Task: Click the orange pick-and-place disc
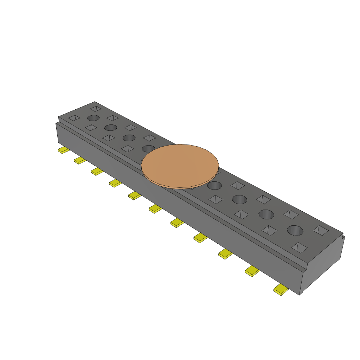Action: tap(180, 166)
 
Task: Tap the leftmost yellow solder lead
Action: tap(63, 150)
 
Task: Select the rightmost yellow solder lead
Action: tap(281, 290)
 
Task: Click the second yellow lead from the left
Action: tap(79, 161)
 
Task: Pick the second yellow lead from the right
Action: tap(252, 271)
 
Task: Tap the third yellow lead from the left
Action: tap(97, 172)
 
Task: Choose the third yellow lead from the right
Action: tap(225, 253)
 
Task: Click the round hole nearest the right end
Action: tap(295, 230)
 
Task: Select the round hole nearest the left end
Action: tap(93, 118)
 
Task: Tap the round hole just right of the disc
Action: tap(214, 185)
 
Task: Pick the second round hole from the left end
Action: tap(111, 127)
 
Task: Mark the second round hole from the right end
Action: tap(266, 214)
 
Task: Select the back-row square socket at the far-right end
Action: tap(321, 230)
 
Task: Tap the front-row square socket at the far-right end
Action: tap(299, 247)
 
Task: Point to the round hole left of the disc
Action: tap(148, 148)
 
